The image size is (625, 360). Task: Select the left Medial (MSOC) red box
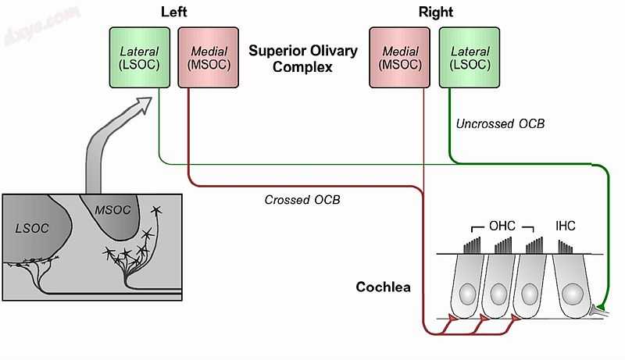point(209,58)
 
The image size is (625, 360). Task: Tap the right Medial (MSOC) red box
point(399,58)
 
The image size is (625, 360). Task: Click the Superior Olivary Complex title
point(303,59)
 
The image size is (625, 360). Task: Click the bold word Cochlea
point(383,287)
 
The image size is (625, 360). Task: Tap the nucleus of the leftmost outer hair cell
point(466,294)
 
